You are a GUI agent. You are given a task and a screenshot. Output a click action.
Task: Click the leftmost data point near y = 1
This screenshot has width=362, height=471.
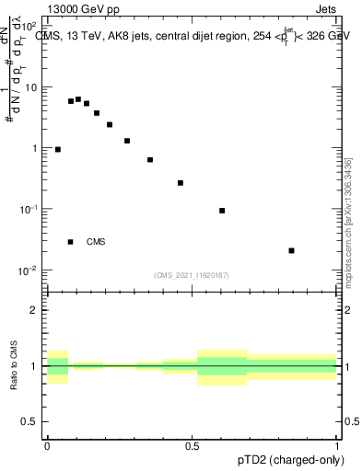click(x=58, y=149)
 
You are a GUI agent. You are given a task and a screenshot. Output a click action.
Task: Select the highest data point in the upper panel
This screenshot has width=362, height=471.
click(x=78, y=99)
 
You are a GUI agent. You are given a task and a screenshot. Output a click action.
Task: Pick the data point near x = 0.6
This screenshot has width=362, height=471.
click(x=222, y=211)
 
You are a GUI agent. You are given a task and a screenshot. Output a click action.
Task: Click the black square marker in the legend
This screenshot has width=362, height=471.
click(x=70, y=242)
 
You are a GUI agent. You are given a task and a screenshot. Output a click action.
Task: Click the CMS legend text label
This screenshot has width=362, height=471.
click(x=96, y=242)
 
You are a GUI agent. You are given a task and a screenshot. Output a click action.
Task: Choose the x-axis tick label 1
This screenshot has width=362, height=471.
click(x=337, y=446)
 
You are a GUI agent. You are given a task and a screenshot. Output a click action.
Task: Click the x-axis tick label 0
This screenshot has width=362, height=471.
click(x=47, y=446)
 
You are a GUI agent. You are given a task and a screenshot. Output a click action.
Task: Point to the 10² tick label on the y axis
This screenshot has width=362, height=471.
click(x=29, y=27)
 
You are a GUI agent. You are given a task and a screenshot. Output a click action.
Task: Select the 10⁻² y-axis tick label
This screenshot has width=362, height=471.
click(x=29, y=270)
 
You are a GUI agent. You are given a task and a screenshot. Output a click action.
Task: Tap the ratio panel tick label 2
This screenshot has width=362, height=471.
click(x=35, y=310)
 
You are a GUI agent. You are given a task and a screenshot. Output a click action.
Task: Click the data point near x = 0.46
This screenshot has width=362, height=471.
click(x=181, y=183)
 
